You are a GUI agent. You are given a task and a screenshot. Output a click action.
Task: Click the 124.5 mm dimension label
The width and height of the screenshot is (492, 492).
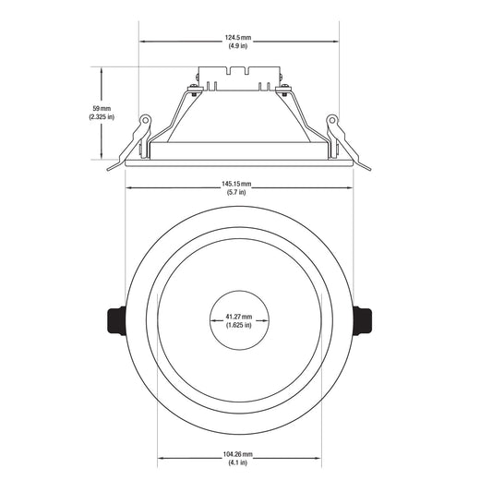tap(238, 38)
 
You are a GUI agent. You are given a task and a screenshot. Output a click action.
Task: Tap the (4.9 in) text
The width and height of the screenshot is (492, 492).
tap(238, 46)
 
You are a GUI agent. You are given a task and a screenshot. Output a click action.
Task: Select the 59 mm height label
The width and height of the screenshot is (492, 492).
tap(102, 109)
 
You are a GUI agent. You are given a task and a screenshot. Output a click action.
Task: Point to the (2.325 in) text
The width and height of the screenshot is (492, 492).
tap(102, 117)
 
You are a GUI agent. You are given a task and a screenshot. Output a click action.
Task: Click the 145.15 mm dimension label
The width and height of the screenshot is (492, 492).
tap(236, 184)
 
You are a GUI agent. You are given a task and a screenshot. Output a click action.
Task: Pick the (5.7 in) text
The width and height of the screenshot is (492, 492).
tap(236, 192)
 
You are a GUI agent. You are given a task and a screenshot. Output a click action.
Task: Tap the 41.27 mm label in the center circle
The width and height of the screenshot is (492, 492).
tap(239, 317)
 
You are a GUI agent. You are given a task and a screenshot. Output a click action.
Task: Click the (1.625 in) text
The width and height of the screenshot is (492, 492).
tap(239, 325)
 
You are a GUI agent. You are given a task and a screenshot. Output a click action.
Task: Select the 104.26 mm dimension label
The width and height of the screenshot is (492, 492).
tap(238, 454)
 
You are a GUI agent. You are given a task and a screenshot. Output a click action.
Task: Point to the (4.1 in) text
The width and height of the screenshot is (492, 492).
tap(238, 462)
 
